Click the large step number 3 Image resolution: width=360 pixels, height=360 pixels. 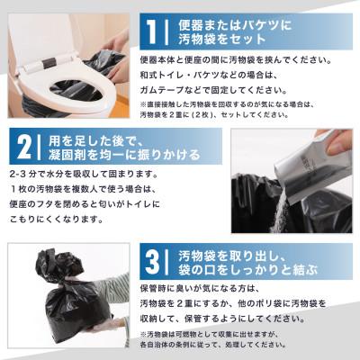point(152,262)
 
